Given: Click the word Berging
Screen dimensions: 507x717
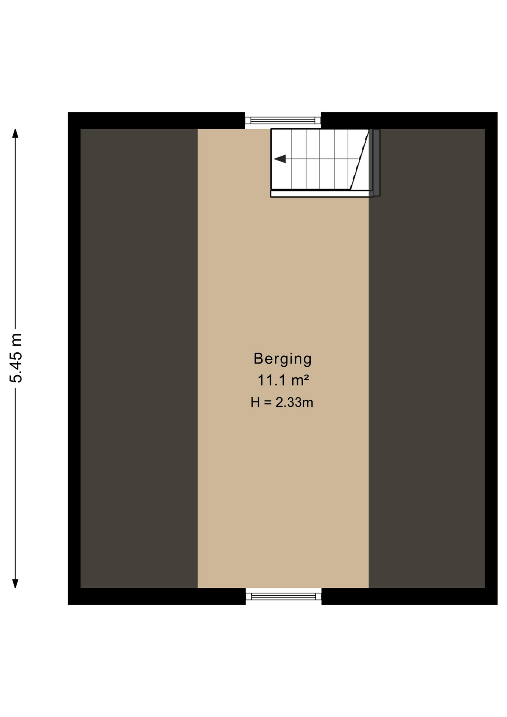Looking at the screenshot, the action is (283, 359).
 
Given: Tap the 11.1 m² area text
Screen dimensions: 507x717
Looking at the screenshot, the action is (283, 381).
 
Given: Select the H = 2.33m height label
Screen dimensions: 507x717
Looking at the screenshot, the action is (282, 402).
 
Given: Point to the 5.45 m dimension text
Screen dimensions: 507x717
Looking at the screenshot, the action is (16, 358).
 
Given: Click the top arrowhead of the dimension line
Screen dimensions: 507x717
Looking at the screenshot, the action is (15, 133).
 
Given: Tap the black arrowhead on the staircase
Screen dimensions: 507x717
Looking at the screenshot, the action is (280, 159).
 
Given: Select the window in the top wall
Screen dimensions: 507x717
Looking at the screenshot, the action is (283, 120).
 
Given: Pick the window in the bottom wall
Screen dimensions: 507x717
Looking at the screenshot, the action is (283, 596).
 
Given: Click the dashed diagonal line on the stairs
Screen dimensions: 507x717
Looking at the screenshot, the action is (360, 159).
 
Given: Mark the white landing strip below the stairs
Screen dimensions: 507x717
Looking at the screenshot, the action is (322, 193).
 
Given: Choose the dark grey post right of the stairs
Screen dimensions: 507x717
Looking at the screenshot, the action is (376, 162).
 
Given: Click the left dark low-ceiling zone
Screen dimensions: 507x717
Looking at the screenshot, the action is (139, 358).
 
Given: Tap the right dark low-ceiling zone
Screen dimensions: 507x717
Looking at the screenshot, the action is (427, 358).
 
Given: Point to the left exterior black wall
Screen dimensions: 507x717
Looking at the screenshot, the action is (74, 358).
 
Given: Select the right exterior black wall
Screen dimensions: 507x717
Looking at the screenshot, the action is (491, 358).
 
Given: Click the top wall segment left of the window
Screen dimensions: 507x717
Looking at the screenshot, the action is (156, 120).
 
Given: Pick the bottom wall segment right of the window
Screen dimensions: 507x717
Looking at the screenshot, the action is (410, 596).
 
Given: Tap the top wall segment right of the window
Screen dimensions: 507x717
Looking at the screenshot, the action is (409, 120).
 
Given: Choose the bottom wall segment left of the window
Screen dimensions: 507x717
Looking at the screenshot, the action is (157, 596).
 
